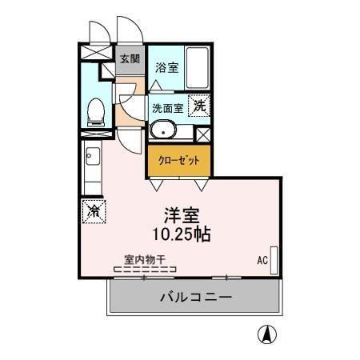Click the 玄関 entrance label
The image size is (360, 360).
coord(130,58)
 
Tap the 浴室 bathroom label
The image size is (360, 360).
coord(166,68)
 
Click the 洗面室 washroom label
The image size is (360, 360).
coord(167,107)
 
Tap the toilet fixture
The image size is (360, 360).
coord(95,111)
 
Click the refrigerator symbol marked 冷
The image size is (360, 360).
coord(94,211)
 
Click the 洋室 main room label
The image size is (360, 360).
coord(181,215)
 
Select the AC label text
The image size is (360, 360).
coord(262,260)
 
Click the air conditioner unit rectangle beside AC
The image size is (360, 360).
coord(274,260)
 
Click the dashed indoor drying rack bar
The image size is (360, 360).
coord(144,270)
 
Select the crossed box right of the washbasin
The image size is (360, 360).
coord(202,134)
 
